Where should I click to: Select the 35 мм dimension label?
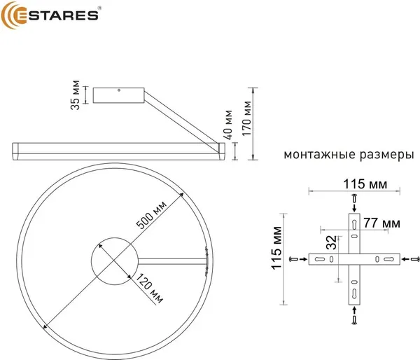(x=76, y=95)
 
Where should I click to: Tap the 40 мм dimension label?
(x=229, y=123)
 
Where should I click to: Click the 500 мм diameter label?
(x=150, y=216)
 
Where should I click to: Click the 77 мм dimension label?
(x=382, y=223)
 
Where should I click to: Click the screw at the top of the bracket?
(x=355, y=199)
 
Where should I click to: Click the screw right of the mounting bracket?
(x=413, y=260)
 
